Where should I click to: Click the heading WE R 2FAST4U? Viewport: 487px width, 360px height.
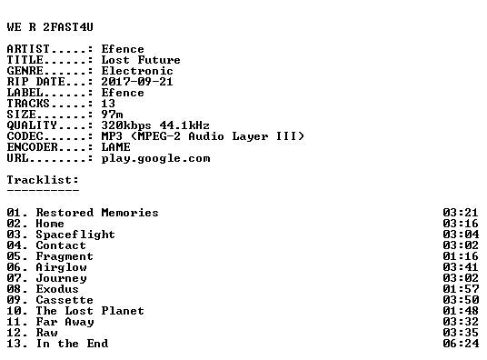click(50, 27)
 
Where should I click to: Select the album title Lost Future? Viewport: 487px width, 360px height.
click(141, 60)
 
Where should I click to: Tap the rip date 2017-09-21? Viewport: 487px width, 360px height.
click(137, 82)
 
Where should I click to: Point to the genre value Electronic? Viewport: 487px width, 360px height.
click(137, 71)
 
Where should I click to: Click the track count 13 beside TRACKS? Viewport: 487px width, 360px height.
click(108, 104)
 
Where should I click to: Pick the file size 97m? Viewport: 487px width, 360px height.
click(112, 115)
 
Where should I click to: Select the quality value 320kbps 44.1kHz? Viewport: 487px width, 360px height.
click(155, 125)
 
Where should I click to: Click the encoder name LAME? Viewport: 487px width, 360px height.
click(116, 147)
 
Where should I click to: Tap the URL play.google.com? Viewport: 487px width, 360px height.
click(155, 158)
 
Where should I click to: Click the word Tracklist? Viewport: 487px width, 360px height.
click(41, 180)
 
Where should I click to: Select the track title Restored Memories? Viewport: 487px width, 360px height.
click(97, 213)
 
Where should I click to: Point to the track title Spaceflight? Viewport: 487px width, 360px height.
click(75, 235)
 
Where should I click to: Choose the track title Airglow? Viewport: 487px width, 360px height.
click(61, 267)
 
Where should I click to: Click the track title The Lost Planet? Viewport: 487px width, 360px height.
click(90, 311)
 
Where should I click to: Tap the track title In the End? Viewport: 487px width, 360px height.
click(72, 344)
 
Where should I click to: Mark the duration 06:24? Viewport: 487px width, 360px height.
click(461, 344)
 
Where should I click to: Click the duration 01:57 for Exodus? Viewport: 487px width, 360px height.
click(461, 289)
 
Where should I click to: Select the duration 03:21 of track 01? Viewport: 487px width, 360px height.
click(461, 213)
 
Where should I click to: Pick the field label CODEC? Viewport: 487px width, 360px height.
click(25, 136)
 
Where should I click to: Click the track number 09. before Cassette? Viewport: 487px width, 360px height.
click(17, 300)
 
